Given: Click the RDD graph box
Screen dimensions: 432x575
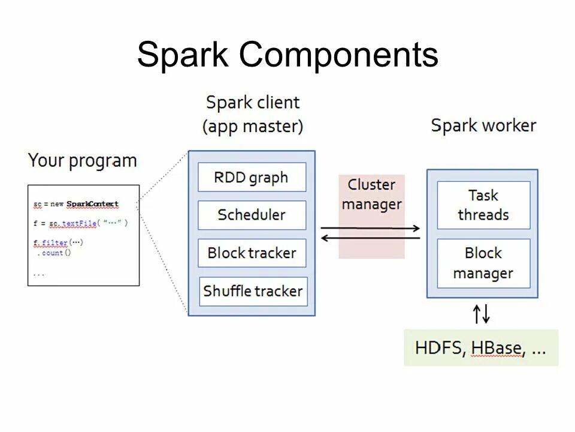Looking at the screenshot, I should coord(252,178).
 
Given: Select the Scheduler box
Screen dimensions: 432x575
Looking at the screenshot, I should coord(252,215).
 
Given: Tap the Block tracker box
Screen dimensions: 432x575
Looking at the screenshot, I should coord(252,253).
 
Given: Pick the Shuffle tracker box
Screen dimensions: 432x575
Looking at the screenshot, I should coord(253,291).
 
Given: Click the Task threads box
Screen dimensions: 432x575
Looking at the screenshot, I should coord(483,205).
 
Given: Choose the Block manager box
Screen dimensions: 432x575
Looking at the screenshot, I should coord(483,263).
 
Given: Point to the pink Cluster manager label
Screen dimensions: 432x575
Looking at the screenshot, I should coord(371,194).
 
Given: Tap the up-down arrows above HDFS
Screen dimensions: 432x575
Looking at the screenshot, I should coord(482,313).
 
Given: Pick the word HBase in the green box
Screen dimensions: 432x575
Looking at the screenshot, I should coord(496,348).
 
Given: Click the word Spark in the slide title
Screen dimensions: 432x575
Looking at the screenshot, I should coord(182,55).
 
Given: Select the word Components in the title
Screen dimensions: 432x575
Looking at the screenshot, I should coord(338,55).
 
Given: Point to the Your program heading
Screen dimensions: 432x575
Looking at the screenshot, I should coord(83,161).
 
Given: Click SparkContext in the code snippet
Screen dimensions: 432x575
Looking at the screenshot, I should coord(92,205).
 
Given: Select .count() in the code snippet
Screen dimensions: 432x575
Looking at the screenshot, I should coord(53,253).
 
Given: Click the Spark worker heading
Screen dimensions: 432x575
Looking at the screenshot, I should coord(483,126).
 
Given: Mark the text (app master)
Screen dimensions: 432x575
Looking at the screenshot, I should coord(253,127).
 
